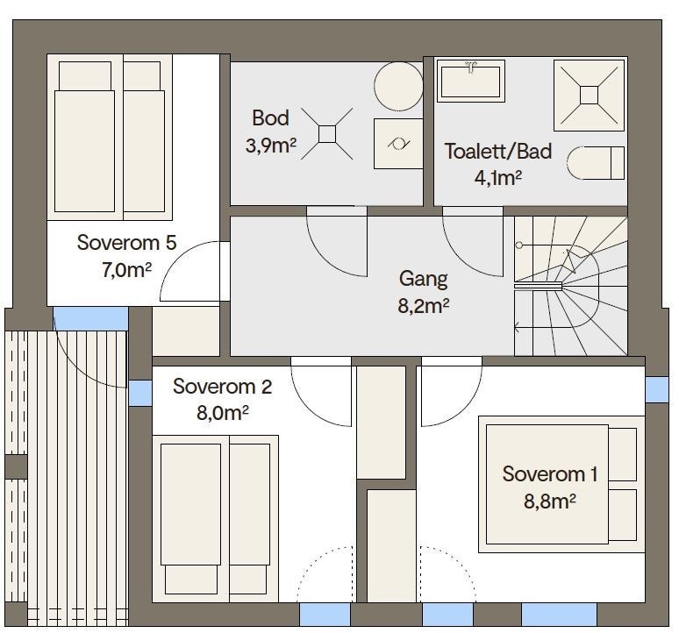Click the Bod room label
pos(270,118)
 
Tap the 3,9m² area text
pos(271,146)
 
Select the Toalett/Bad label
pos(498,152)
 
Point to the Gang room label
pos(423,279)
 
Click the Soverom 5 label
pos(127,243)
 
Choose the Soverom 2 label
pos(222,387)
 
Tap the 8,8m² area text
pos(549,501)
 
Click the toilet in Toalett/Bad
pos(596,163)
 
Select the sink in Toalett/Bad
pos(471,81)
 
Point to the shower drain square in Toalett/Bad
pos(589,96)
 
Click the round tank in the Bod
pos(398,86)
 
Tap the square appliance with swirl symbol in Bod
pos(398,144)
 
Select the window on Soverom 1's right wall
pos(657,389)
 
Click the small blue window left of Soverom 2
pos(140,393)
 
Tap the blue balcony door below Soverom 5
pos(90,318)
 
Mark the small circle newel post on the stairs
pos(519,245)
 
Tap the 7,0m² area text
pos(126,270)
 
